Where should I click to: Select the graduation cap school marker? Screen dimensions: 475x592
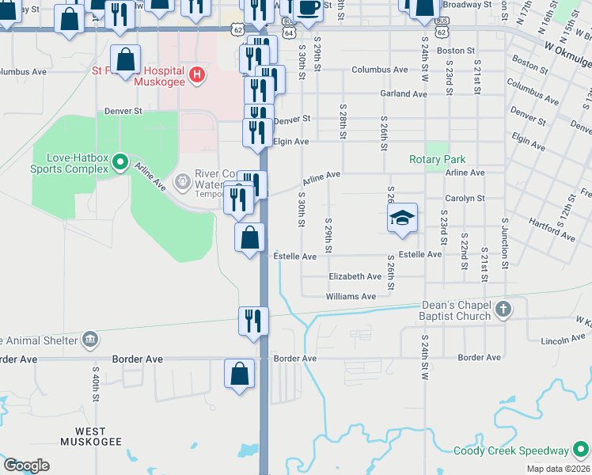coord(402,217)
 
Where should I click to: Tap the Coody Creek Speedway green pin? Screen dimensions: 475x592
coord(581,450)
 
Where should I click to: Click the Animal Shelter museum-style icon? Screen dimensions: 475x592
coord(90,340)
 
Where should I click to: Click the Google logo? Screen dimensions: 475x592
coord(26,465)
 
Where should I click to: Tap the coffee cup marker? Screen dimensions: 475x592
coord(308,8)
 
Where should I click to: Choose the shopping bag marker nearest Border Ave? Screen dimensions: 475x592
coord(240,374)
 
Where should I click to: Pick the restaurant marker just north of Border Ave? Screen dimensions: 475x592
coord(253,321)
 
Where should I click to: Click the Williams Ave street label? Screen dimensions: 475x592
coord(351,297)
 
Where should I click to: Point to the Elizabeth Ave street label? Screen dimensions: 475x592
coord(355,276)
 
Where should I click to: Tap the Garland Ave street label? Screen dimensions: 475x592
coord(403,93)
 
